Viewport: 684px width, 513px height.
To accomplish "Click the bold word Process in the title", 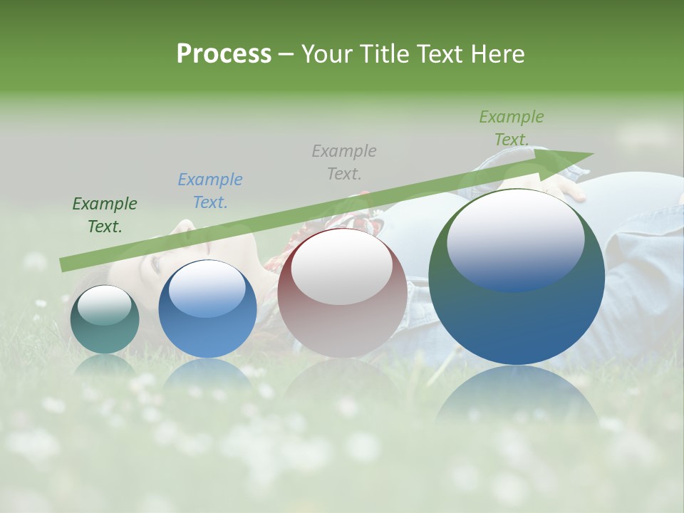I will tap(224, 54).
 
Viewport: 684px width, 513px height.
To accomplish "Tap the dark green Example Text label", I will tap(105, 215).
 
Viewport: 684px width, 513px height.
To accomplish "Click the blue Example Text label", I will tap(209, 191).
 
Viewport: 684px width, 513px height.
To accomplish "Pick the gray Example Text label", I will tap(343, 162).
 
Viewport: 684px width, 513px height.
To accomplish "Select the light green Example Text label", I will tap(511, 128).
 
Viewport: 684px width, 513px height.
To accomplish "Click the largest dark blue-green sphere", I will tap(517, 313).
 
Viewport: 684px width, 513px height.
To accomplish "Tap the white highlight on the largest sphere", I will tap(515, 239).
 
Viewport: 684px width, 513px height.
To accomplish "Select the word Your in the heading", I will tap(329, 54).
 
